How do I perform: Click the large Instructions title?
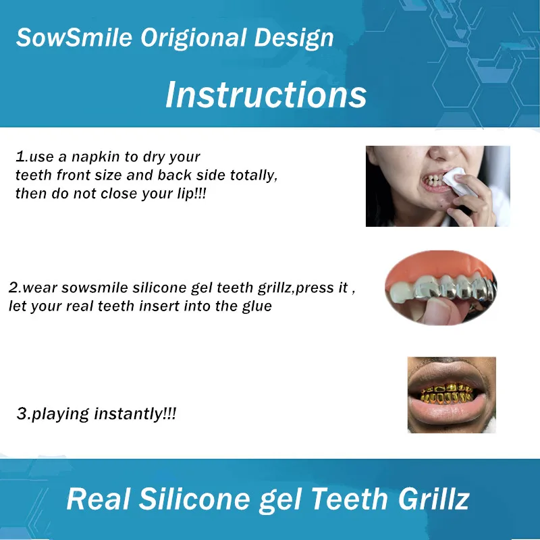click(266, 94)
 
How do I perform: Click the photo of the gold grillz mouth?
click(451, 395)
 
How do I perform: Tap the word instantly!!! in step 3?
click(138, 414)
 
